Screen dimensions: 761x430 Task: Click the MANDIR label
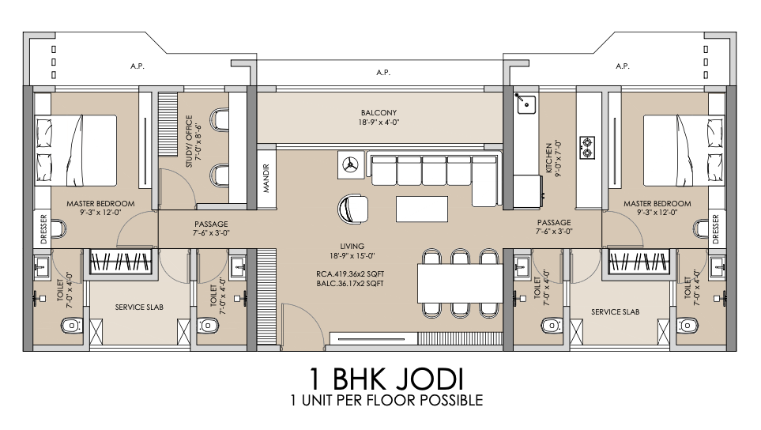266,178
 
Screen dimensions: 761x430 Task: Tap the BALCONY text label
379,112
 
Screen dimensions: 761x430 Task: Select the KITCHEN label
548,158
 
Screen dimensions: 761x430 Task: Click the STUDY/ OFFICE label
189,141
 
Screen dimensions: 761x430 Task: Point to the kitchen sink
526,104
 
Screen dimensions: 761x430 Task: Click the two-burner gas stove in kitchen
587,148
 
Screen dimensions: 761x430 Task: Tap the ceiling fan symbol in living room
350,165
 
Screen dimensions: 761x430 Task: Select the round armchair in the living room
352,209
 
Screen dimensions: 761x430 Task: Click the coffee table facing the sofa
422,209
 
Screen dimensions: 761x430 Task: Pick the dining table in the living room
460,283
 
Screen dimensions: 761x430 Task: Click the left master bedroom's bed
75,150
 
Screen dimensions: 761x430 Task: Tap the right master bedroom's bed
684,150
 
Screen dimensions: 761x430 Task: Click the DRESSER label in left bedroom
43,229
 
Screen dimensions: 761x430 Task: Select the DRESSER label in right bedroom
716,229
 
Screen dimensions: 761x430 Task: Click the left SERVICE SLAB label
139,307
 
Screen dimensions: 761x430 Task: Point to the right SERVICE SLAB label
615,312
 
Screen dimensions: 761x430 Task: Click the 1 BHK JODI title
386,379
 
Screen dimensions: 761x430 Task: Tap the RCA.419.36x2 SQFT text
350,274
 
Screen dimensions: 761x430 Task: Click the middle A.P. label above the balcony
383,72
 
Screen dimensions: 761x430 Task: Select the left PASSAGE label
211,224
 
